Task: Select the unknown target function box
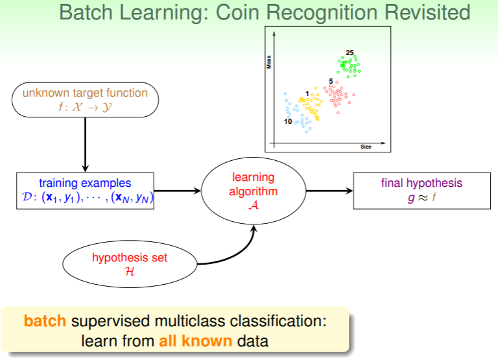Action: (x=85, y=99)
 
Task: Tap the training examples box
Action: (x=85, y=191)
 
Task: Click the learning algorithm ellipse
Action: (x=254, y=191)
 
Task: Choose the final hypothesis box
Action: (x=421, y=191)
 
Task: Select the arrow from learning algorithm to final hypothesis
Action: (x=329, y=191)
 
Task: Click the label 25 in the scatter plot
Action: (x=350, y=53)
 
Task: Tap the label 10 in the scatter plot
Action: (x=288, y=121)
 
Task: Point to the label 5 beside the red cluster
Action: (x=331, y=82)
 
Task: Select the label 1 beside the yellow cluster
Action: (x=307, y=94)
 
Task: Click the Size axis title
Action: (x=366, y=147)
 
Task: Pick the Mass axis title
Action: (x=268, y=62)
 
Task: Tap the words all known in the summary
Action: (x=195, y=339)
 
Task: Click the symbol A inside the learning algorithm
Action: (x=254, y=204)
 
